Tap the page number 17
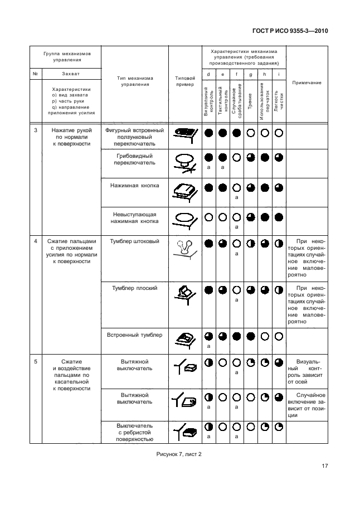pos(324,467)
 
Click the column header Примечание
pos(307,83)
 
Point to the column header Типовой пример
pos(185,81)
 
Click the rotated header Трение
pos(250,104)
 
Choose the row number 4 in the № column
pos(36,241)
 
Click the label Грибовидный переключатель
pos(135,159)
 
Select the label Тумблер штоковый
pos(135,241)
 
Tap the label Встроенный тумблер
pos(135,335)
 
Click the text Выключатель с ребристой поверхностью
pos(135,432)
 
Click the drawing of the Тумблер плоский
pos(185,294)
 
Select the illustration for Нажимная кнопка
pos(185,191)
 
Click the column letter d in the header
pos(208,74)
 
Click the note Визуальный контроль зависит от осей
pos(307,372)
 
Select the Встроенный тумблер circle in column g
pos(250,336)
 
